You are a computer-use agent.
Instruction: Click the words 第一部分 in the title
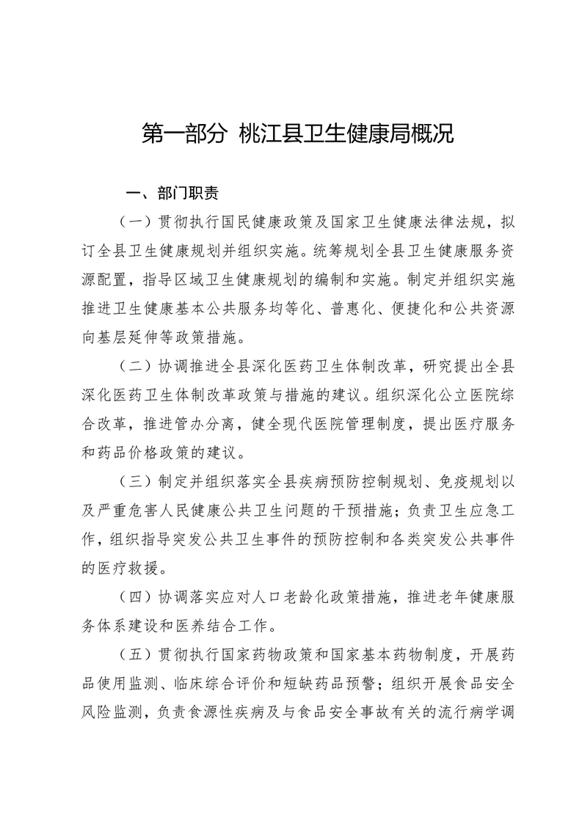point(183,135)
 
